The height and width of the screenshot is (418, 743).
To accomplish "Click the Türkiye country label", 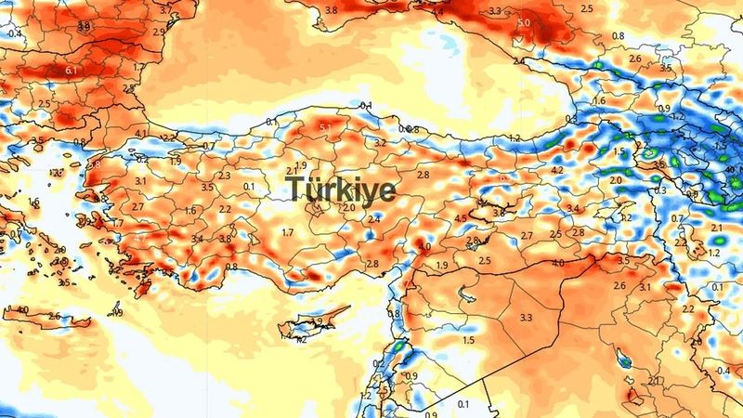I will coord(341,189).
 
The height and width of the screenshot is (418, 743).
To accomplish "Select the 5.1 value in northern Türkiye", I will coord(326,127).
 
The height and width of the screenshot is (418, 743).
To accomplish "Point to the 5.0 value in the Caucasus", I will coord(525,22).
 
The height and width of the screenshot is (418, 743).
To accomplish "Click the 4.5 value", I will coord(461,219).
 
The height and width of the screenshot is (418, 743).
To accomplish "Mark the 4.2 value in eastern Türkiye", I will coord(558,171).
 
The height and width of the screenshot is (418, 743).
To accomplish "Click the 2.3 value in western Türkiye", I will coord(224,176).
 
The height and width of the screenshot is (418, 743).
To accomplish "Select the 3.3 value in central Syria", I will coord(527,318).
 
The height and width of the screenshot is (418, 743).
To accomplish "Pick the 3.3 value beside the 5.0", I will coord(495,12).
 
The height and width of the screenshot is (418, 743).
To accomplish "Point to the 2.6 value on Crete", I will coord(54,317).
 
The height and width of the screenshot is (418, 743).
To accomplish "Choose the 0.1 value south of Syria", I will coord(463,404).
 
